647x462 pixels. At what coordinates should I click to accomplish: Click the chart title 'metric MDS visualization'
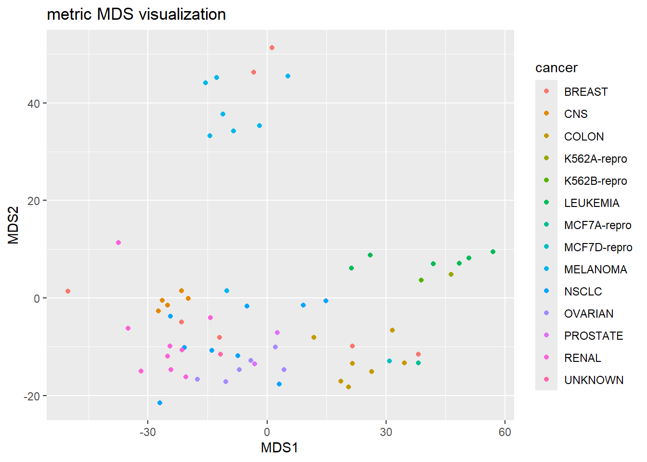[x=136, y=14]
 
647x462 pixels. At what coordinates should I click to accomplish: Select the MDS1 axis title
[x=279, y=448]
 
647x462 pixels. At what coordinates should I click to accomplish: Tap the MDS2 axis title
[x=13, y=225]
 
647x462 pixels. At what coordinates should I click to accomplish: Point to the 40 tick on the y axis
[x=34, y=103]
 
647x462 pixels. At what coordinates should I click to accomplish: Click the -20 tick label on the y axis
[x=31, y=396]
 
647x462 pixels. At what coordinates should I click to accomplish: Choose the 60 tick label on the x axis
[x=505, y=432]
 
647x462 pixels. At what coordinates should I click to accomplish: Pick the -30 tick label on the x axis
[x=147, y=432]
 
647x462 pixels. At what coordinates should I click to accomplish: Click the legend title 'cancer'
[x=556, y=68]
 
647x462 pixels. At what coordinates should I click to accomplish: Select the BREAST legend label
[x=585, y=92]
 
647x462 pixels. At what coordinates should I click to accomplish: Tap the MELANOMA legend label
[x=595, y=269]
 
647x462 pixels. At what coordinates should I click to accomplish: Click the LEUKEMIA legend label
[x=591, y=203]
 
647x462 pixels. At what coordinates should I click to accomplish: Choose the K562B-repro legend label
[x=595, y=181]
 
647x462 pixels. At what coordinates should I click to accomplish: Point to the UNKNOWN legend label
[x=594, y=380]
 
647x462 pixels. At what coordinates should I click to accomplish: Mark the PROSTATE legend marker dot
[x=546, y=335]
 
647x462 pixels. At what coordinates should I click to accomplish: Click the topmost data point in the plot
[x=272, y=48]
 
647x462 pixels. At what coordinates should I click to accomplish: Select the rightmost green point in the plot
[x=492, y=252]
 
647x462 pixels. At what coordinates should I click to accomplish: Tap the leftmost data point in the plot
[x=68, y=291]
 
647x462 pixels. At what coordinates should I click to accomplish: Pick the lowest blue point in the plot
[x=160, y=403]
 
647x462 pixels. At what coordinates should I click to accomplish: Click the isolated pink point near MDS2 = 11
[x=118, y=243]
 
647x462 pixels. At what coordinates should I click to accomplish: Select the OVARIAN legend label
[x=588, y=314]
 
